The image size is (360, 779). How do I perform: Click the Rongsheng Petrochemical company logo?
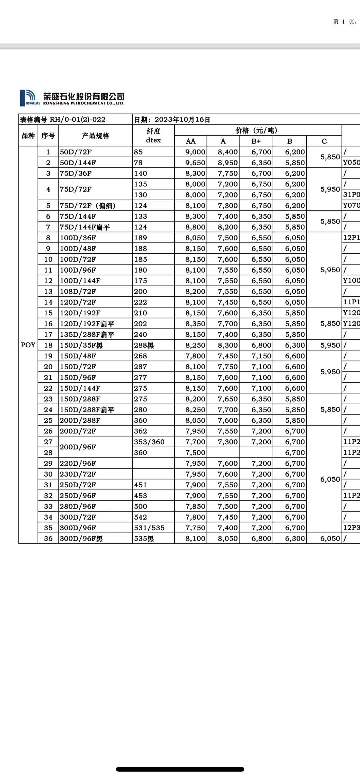coord(72,98)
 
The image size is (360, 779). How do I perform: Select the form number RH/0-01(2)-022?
coord(77,120)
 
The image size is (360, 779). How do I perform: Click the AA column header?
coord(190,141)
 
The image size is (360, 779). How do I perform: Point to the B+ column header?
coord(256,141)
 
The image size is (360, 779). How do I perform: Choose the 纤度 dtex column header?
coord(153,136)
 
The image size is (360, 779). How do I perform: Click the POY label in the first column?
coord(28,345)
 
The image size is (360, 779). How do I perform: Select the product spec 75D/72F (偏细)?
coord(87,206)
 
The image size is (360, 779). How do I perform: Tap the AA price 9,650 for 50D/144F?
coord(195,163)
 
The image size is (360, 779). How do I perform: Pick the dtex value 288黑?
coord(144,345)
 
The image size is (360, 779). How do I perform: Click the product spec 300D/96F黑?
coord(81,539)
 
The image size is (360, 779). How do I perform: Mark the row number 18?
coord(48,345)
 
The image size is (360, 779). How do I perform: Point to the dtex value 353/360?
coord(149,442)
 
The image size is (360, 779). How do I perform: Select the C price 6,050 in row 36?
coord(330,539)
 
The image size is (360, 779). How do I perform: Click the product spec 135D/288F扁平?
coord(87,335)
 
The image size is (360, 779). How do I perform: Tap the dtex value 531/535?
coord(149,528)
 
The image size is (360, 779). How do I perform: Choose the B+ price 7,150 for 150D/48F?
coord(261,356)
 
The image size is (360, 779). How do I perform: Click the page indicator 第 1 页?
coord(343,22)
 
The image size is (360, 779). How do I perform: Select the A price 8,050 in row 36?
coord(228,539)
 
